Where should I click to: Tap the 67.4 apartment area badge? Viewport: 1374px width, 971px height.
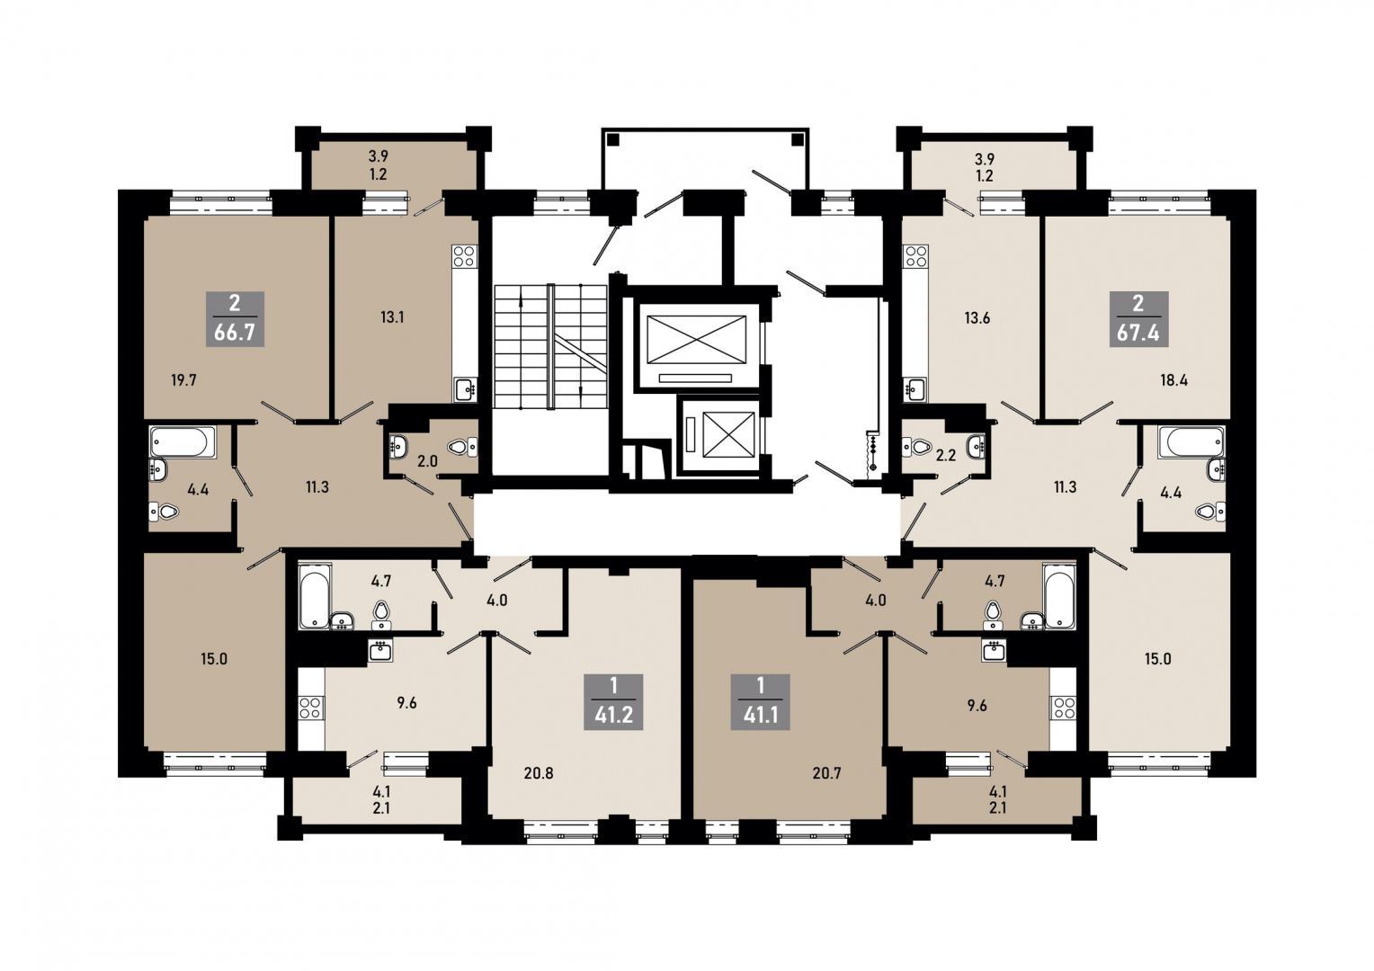tap(1138, 319)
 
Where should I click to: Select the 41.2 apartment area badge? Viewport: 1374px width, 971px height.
tap(614, 701)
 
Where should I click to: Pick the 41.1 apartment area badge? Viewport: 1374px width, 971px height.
tap(761, 701)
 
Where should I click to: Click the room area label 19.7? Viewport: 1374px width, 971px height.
tap(183, 381)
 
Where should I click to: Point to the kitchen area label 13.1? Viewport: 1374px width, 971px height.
tap(392, 317)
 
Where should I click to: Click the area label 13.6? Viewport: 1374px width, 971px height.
tap(977, 318)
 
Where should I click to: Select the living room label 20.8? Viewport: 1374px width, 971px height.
tap(539, 773)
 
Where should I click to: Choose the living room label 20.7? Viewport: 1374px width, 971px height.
tap(826, 773)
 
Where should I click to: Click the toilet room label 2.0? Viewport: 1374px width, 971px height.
tap(427, 461)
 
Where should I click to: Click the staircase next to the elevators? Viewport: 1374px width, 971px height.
tap(550, 346)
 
